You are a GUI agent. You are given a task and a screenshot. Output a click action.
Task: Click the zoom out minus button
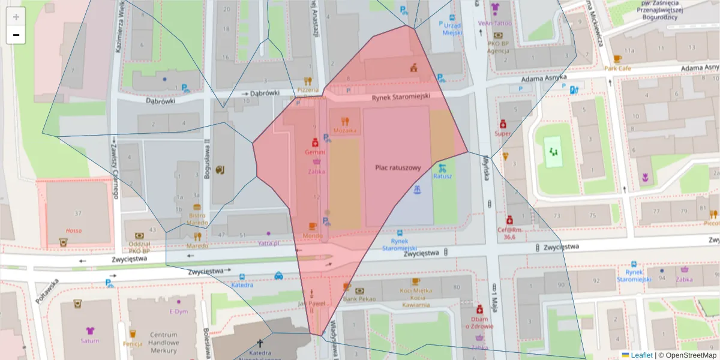[x=16, y=35]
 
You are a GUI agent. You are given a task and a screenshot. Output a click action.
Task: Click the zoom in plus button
[x=16, y=17]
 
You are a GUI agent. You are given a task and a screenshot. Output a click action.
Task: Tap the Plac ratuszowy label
[x=398, y=168]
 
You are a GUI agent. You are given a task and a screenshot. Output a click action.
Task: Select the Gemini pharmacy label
[x=315, y=152]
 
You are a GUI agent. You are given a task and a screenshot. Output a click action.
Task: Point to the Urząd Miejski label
[x=452, y=28]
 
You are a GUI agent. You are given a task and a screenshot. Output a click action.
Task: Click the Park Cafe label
[x=617, y=68]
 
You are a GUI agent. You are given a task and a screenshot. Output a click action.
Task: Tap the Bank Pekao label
[x=359, y=298]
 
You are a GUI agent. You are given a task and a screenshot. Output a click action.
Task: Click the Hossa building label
[x=73, y=230]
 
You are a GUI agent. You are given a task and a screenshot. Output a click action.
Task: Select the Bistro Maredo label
[x=197, y=219]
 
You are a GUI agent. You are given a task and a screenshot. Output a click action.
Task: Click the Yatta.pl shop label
[x=269, y=243]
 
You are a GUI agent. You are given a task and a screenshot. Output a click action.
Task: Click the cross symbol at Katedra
[x=260, y=343]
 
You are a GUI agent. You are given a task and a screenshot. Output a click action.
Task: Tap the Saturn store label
[x=90, y=341]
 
